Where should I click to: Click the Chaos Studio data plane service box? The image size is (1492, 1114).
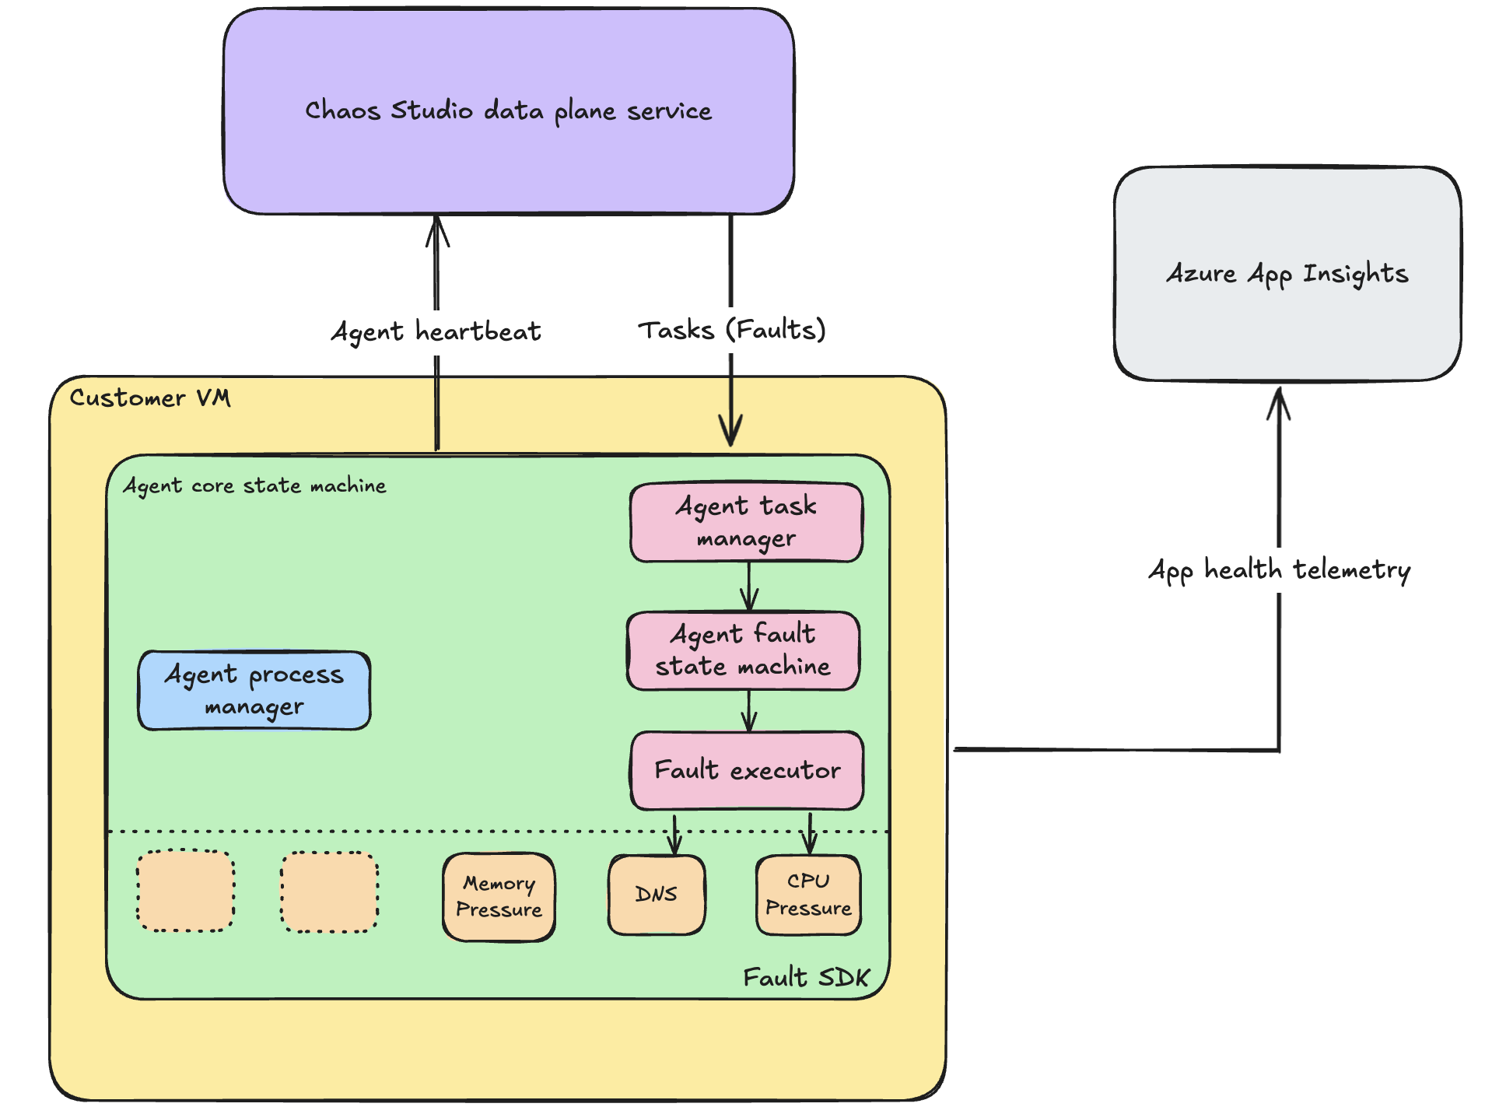[x=508, y=111]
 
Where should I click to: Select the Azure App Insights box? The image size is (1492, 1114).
[x=1287, y=274]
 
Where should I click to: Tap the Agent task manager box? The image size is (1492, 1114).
[x=746, y=522]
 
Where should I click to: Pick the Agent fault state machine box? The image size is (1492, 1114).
[x=743, y=650]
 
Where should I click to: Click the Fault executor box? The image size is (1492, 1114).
[x=747, y=770]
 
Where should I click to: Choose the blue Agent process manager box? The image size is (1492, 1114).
[x=254, y=690]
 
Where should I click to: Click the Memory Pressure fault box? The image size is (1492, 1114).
[x=499, y=897]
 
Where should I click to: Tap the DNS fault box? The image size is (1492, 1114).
[x=657, y=895]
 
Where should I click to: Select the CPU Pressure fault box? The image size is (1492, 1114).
[x=808, y=895]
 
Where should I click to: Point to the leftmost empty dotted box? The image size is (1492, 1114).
[x=185, y=890]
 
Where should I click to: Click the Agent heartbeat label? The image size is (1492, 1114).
[x=436, y=331]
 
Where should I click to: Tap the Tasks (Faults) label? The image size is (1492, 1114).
[x=731, y=330]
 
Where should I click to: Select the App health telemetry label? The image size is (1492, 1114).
[x=1279, y=570]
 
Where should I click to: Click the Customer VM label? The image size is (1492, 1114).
[x=150, y=398]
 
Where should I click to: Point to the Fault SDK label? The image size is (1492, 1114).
[x=806, y=977]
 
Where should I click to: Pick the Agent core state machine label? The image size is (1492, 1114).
[x=254, y=485]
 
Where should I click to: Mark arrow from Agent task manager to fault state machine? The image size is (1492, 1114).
[x=748, y=587]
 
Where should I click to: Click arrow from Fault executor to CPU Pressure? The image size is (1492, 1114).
[x=810, y=834]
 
